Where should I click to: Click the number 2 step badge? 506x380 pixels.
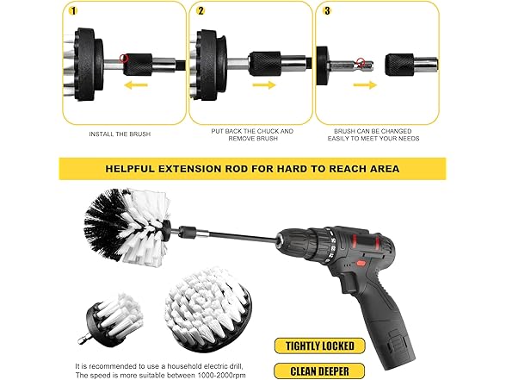click(x=201, y=11)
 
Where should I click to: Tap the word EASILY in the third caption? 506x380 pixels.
click(x=345, y=139)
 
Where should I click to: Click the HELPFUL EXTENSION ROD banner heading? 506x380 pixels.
click(x=252, y=168)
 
